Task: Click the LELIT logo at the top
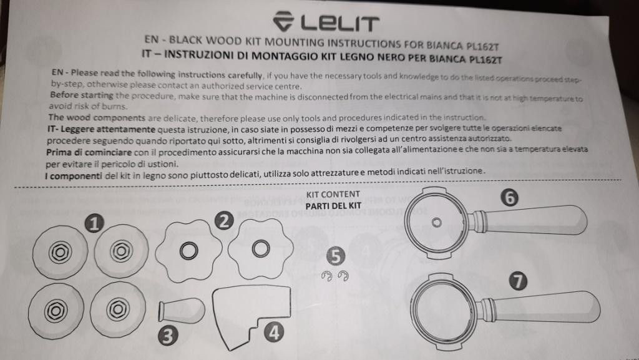[x=326, y=21]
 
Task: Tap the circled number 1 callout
[x=94, y=223]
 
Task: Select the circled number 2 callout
[x=224, y=221]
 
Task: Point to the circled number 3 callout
[x=168, y=336]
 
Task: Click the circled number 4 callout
[x=274, y=333]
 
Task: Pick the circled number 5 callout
[x=335, y=256]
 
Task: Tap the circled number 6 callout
[x=510, y=198]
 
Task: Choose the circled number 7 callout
[x=518, y=281]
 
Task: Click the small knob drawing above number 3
[x=182, y=310]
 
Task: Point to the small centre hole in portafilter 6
[x=436, y=223]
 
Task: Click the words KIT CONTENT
[x=333, y=194]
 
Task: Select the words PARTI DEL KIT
[x=333, y=206]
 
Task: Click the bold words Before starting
[x=82, y=95]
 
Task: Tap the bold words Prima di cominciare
[x=89, y=152]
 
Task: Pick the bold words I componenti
[x=74, y=176]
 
